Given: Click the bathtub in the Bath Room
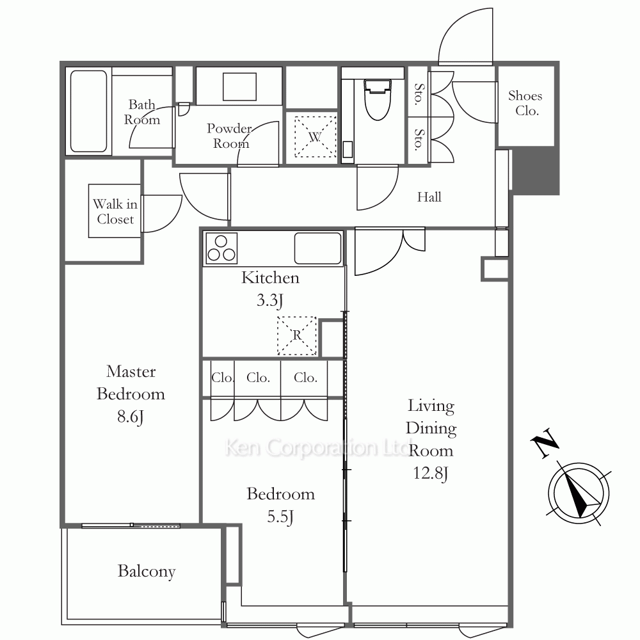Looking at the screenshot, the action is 88,111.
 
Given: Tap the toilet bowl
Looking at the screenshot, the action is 378,100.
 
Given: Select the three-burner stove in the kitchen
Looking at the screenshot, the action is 221,248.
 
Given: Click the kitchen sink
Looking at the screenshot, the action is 317,248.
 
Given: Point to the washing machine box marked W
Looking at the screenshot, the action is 315,137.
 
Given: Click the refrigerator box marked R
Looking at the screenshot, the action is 297,335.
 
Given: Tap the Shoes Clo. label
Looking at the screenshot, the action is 525,103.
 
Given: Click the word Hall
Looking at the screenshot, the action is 429,197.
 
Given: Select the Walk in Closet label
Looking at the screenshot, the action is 115,211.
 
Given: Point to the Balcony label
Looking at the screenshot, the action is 147,571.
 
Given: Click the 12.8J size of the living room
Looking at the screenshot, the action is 431,474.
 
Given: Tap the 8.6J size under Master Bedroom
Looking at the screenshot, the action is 130,417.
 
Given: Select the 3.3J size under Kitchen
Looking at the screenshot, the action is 270,300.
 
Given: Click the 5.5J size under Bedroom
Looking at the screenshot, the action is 280,516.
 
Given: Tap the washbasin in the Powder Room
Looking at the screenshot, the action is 239,86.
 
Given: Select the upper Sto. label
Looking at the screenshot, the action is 419,94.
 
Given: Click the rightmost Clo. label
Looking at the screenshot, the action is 305,378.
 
